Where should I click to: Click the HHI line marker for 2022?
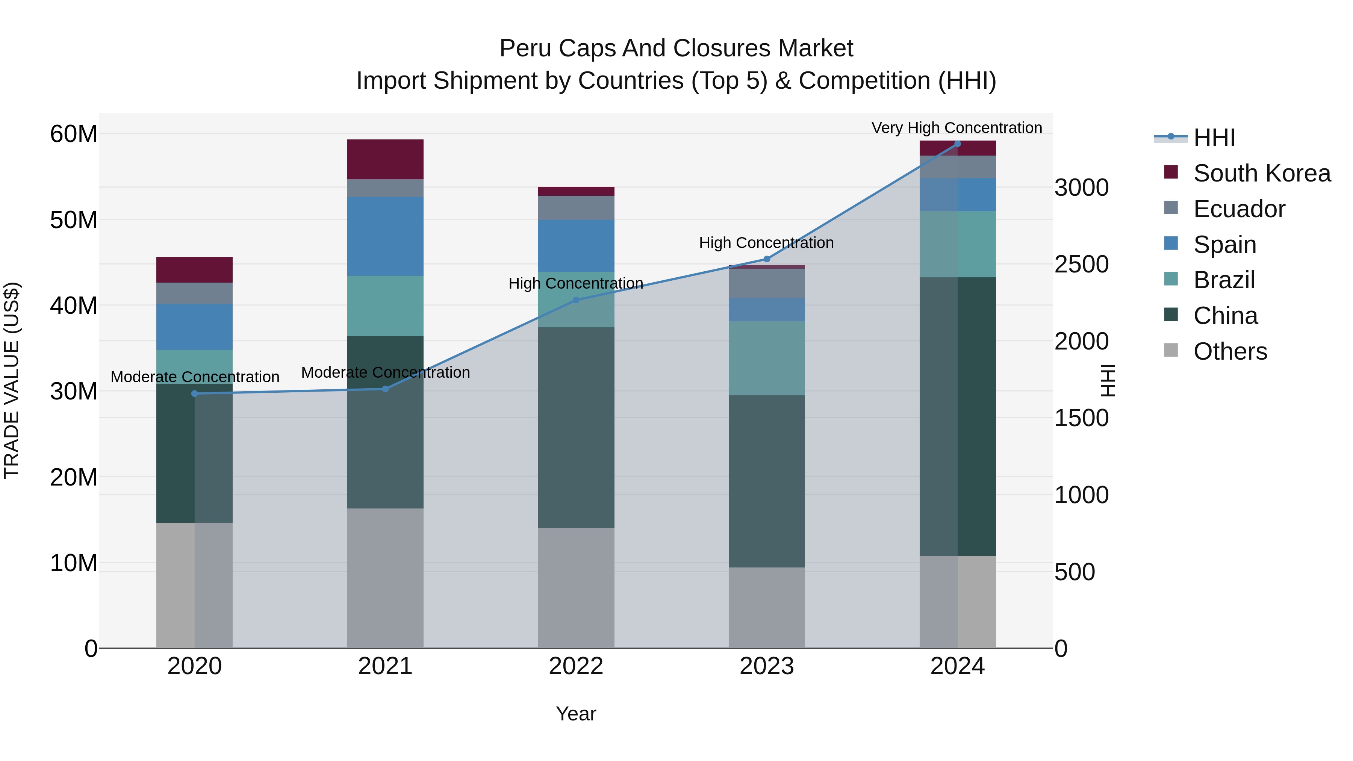click(x=576, y=300)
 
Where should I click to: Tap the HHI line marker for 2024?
click(x=957, y=144)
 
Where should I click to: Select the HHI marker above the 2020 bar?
click(x=194, y=393)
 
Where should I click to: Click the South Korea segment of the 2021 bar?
click(x=385, y=159)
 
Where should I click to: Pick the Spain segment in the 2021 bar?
click(x=385, y=236)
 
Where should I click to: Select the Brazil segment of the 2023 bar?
click(x=766, y=358)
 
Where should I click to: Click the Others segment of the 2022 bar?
click(x=576, y=588)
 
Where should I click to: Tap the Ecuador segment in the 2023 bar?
click(x=766, y=284)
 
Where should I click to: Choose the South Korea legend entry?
click(x=1262, y=173)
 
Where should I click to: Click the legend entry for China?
click(x=1225, y=316)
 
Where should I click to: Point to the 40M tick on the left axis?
click(x=74, y=305)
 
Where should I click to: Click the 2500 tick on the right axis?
click(x=1081, y=264)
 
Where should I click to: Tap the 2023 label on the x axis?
click(x=766, y=666)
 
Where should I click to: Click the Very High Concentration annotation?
click(x=956, y=128)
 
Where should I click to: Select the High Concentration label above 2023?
click(x=766, y=243)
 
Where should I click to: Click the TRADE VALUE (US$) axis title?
click(x=12, y=380)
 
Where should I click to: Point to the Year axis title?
click(x=576, y=714)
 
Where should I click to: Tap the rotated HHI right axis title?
click(x=1107, y=380)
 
